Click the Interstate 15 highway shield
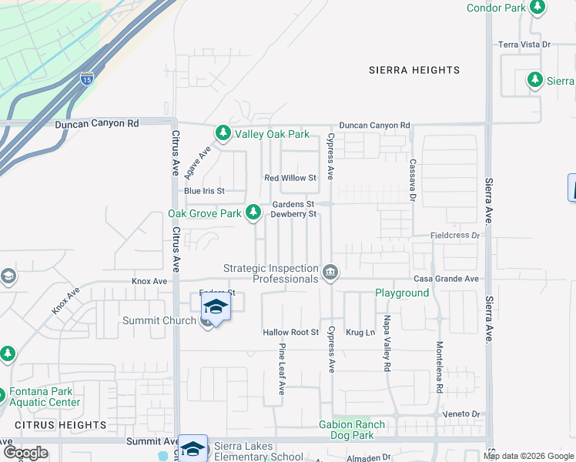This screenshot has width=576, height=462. tap(87, 78)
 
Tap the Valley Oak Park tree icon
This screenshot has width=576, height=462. tap(223, 133)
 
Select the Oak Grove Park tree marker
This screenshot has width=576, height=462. tap(253, 213)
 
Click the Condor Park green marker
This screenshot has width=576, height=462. tap(537, 8)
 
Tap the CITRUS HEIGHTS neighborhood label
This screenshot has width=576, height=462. tap(60, 425)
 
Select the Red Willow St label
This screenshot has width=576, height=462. tap(290, 178)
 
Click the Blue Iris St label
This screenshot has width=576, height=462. tap(204, 191)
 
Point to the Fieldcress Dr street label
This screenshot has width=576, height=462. tap(454, 235)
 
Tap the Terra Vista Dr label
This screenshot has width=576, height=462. tap(524, 45)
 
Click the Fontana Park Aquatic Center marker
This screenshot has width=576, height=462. tap(8, 392)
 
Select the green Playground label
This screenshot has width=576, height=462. tap(402, 293)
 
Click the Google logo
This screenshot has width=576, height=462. tap(25, 452)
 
